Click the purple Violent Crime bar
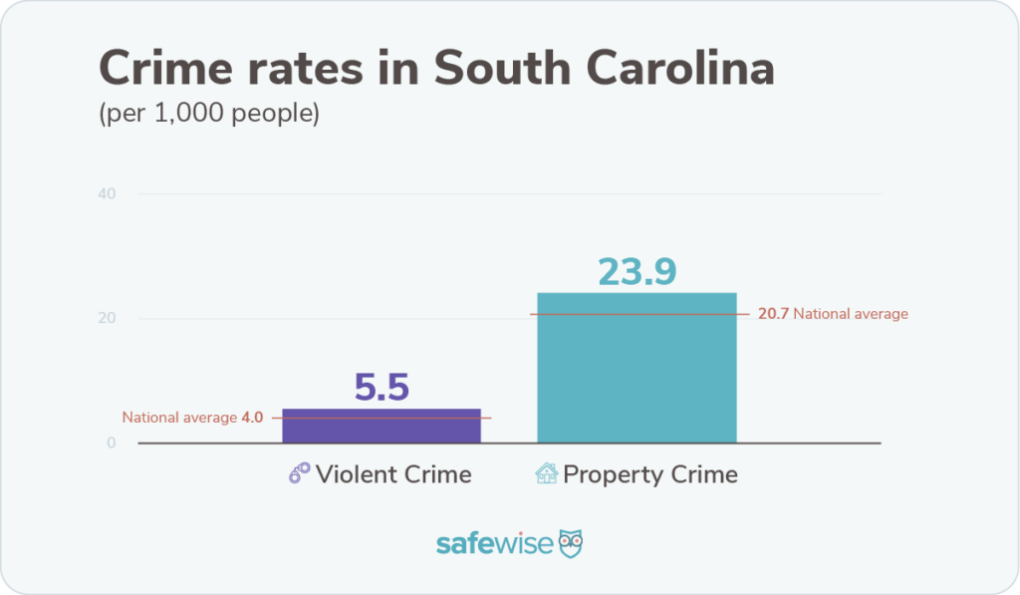coord(382,426)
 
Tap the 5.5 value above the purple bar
coord(382,388)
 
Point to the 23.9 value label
coord(637,271)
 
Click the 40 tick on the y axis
coord(107,193)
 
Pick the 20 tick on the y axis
coord(107,318)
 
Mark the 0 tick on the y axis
coord(112,443)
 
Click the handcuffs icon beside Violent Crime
coord(299,474)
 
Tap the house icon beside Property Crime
coord(547,474)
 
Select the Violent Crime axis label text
coord(393,474)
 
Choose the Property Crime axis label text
coord(650,474)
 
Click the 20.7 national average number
coord(773,314)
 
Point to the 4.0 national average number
coord(252,418)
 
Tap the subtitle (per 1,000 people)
coord(209,114)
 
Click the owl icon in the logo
coord(571,544)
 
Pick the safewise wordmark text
coord(495,544)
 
